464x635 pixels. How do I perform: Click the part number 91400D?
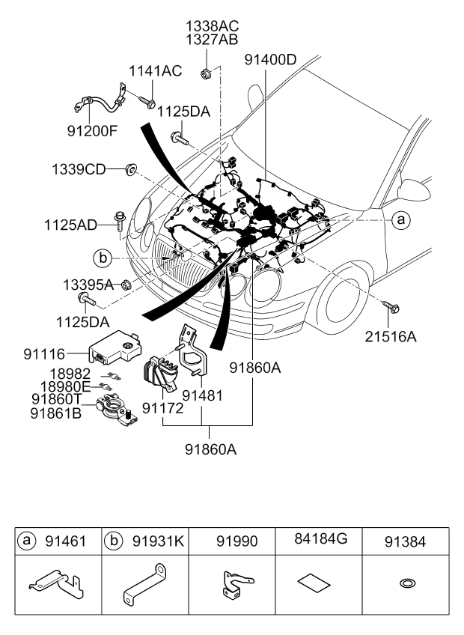point(270,60)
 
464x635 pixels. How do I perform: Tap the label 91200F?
point(92,131)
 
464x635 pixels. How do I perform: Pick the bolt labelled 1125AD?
point(120,221)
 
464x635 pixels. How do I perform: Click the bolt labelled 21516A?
point(391,307)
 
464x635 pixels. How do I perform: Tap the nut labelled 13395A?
point(126,285)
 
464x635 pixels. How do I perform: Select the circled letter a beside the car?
point(401,220)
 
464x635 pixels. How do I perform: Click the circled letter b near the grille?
point(103,258)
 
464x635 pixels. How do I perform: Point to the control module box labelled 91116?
point(115,347)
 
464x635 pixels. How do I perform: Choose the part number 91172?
point(162,408)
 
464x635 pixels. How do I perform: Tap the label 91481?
point(202,395)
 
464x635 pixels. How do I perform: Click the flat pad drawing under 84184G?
point(314,583)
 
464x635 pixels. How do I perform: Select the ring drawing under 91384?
point(407,583)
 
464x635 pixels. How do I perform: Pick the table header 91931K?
point(159,541)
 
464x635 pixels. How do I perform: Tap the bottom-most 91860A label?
point(210,449)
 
